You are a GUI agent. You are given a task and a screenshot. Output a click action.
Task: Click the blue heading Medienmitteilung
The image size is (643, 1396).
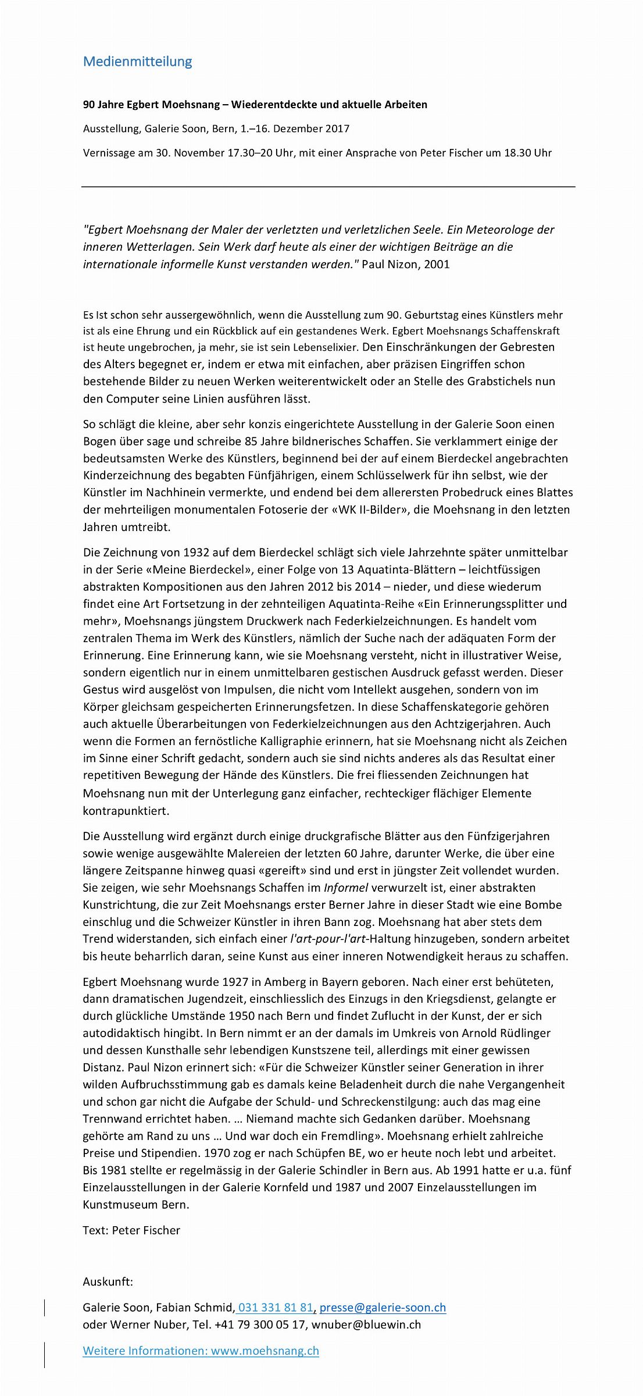point(137,62)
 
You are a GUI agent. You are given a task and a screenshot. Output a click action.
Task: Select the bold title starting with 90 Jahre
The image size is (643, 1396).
point(255,105)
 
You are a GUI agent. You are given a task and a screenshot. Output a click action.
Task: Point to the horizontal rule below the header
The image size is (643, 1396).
point(328,187)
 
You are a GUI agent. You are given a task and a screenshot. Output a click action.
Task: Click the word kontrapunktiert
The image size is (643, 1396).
point(126,811)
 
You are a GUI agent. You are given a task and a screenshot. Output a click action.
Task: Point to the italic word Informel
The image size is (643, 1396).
point(346,888)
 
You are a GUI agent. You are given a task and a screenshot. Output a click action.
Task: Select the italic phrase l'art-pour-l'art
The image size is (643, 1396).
point(328,939)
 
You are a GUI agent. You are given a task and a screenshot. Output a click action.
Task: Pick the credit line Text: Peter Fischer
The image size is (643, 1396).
point(131,1230)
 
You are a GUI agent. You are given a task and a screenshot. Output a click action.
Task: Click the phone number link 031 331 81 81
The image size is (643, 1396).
point(276,1308)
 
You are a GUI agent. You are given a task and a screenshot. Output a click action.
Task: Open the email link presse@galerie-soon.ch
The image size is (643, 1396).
point(383,1308)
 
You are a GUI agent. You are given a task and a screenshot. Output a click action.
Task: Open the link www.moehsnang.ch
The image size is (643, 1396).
point(265,1351)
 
